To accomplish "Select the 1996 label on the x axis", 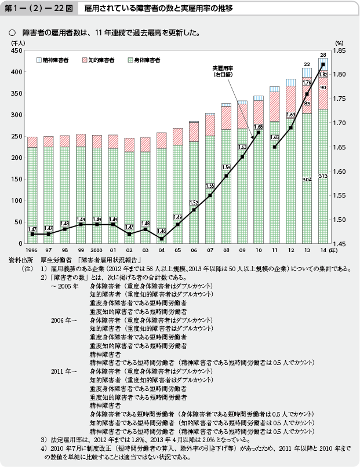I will point(31,251).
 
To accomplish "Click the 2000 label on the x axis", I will point(97,251).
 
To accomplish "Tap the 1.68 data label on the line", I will point(259,127).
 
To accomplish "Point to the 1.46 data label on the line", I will point(162,231).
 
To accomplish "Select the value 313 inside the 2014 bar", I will point(323,176).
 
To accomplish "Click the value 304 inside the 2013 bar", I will point(307,180).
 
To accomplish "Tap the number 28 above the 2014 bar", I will point(323,54).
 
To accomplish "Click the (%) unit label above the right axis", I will point(340,43).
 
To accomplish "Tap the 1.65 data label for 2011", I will point(275,137).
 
